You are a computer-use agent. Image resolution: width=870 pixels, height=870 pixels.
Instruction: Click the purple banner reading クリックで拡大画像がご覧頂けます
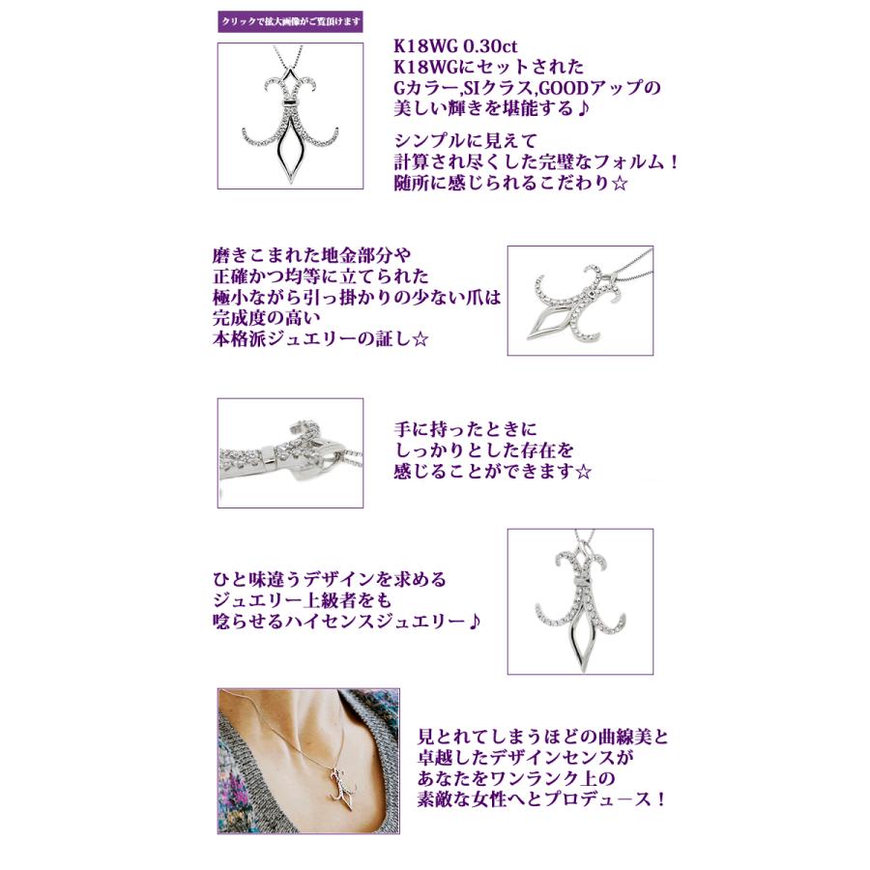[x=290, y=21]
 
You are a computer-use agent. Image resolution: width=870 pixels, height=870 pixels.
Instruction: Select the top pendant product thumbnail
[x=290, y=115]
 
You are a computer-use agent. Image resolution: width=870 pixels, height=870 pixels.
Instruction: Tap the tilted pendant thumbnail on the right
[x=580, y=300]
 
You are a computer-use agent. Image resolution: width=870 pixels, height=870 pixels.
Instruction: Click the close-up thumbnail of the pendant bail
[x=290, y=452]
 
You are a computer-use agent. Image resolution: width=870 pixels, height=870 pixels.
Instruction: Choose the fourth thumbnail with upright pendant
[x=580, y=600]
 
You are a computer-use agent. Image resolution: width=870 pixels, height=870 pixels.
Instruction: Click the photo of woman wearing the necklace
[x=308, y=760]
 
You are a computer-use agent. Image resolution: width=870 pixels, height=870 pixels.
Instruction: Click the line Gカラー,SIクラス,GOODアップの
[x=527, y=89]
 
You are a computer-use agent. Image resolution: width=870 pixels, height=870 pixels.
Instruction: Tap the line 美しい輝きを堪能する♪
[x=498, y=110]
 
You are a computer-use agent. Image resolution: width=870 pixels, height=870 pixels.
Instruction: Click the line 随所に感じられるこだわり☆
[x=511, y=182]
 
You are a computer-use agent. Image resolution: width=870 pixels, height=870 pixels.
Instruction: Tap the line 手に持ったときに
[x=464, y=428]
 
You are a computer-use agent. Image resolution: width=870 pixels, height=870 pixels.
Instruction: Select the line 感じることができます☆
[x=493, y=471]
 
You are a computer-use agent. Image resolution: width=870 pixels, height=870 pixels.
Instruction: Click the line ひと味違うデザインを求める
[x=330, y=580]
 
